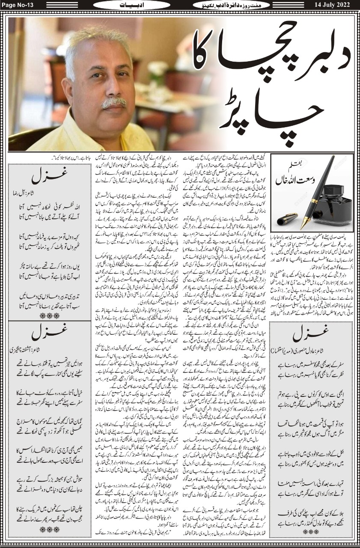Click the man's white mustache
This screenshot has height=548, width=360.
113,103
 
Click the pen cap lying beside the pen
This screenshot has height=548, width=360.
287,219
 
